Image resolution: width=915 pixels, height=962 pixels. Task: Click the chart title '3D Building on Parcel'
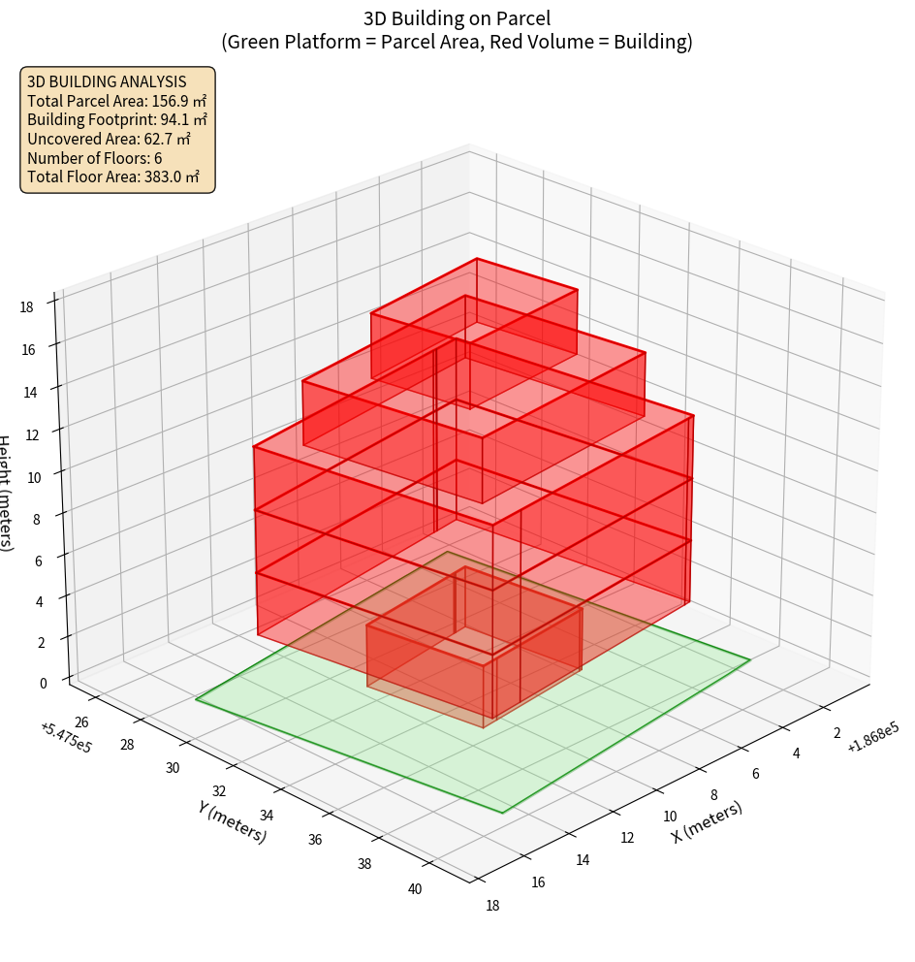pos(457,18)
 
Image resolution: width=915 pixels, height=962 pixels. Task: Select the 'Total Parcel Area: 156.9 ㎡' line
pos(117,100)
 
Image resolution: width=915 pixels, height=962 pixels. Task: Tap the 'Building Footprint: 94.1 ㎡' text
pos(117,119)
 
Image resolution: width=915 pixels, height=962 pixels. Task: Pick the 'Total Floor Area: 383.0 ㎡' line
pos(113,176)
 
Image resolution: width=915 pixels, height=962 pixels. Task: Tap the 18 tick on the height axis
pos(27,307)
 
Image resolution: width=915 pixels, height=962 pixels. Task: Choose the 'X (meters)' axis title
pos(707,821)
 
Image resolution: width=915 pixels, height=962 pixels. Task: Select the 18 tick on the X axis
pos(493,906)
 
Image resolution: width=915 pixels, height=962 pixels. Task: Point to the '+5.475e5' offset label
pos(66,738)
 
